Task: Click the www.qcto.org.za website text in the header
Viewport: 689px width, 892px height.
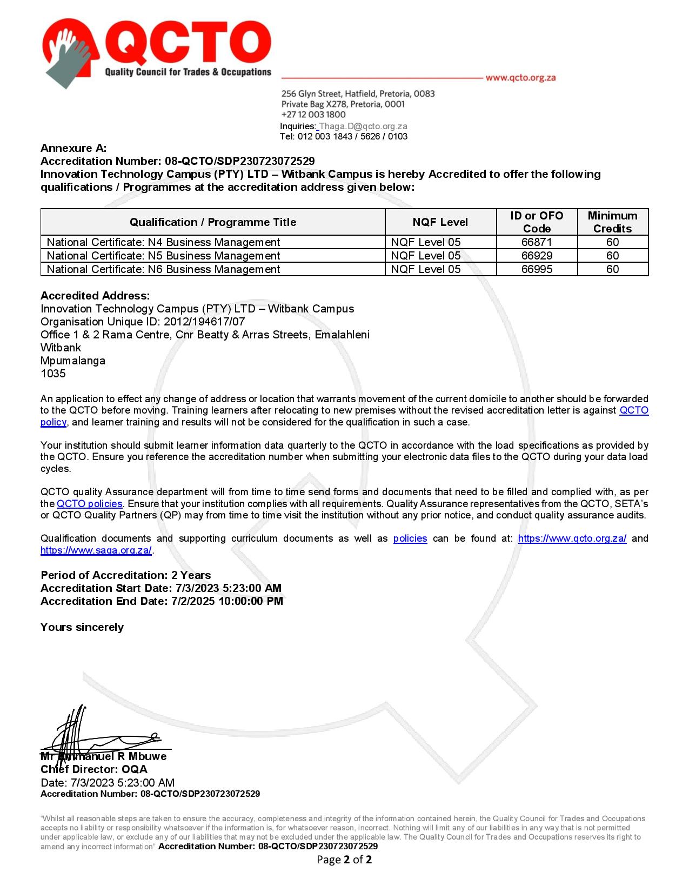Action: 520,77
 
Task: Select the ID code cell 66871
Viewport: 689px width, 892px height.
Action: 537,242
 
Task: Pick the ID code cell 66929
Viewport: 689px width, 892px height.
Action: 537,256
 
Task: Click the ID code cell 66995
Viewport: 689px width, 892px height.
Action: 537,269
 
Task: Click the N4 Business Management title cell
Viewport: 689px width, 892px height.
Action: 163,242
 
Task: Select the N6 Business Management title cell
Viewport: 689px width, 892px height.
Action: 163,269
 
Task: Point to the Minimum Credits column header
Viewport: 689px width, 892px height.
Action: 612,222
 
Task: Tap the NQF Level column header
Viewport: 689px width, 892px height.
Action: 440,222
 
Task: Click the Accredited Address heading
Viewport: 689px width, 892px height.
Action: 95,296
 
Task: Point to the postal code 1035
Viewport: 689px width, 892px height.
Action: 53,374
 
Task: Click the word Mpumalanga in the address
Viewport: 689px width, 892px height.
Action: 73,361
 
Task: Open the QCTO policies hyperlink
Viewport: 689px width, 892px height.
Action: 89,504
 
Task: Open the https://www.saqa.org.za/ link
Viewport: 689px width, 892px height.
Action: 96,551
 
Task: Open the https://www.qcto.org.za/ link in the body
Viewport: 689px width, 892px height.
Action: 572,538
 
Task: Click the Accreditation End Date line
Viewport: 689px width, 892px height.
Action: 162,601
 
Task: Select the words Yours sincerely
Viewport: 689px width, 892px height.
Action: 82,627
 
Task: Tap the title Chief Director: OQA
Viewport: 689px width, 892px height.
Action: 94,769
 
